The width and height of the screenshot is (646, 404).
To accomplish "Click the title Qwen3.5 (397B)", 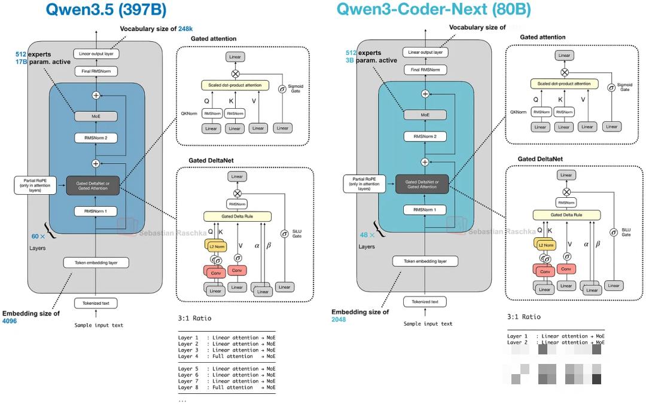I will click(106, 10).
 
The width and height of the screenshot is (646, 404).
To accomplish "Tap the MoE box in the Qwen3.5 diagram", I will click(96, 117).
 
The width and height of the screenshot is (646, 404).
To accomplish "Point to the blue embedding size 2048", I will click(339, 320).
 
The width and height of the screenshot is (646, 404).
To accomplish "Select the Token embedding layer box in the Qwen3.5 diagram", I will click(96, 262).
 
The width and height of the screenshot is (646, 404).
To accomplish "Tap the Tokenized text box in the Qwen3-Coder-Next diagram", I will click(425, 302).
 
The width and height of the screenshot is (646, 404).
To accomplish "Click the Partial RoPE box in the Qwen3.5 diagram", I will click(35, 185).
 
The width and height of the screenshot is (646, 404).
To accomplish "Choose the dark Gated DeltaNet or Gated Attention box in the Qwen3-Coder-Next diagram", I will click(425, 184).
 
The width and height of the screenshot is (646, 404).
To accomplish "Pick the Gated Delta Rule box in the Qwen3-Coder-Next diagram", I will click(565, 215).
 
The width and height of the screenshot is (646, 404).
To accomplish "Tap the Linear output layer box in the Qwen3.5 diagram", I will click(96, 53).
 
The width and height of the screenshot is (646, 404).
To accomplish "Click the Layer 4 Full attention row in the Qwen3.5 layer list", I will click(227, 356).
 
